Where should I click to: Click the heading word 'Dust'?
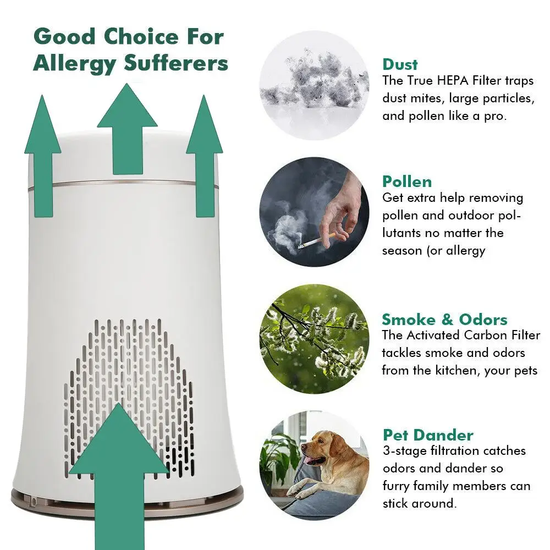[400, 64]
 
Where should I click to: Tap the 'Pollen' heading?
[407, 182]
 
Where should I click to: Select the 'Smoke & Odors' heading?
[444, 320]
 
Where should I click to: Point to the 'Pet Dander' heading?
[428, 435]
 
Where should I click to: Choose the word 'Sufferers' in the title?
[175, 63]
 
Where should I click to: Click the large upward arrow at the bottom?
[118, 473]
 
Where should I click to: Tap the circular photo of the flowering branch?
[314, 338]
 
